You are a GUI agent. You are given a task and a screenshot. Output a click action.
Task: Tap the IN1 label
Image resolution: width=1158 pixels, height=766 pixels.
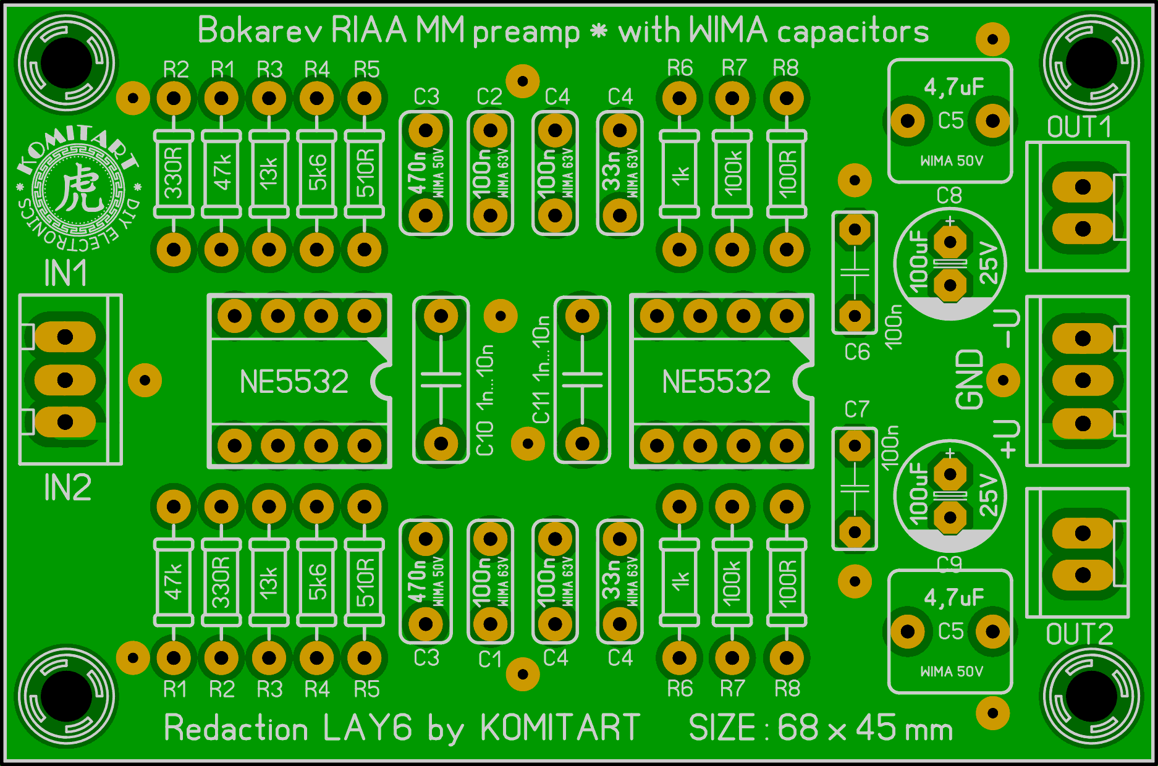click(x=66, y=273)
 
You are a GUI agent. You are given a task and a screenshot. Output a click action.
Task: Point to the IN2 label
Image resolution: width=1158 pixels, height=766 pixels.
click(x=67, y=488)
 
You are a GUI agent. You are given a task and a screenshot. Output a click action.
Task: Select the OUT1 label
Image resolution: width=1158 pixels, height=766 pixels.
click(x=1079, y=127)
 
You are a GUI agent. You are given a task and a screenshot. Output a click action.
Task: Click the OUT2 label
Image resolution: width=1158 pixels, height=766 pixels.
click(x=1079, y=634)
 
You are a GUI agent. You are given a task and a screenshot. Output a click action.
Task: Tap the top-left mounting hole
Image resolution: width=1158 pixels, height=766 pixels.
click(x=66, y=63)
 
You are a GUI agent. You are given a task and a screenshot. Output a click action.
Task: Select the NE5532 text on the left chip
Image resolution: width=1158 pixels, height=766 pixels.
click(x=294, y=381)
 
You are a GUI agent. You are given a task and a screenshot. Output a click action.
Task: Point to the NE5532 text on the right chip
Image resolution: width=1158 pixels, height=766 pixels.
click(x=716, y=381)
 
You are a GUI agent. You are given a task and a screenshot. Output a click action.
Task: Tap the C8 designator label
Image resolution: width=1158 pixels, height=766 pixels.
click(x=949, y=196)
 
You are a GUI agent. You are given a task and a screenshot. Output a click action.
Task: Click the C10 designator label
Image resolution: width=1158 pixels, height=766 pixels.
click(x=485, y=438)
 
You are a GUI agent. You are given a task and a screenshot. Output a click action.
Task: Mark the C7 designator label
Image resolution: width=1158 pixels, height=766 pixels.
click(x=856, y=409)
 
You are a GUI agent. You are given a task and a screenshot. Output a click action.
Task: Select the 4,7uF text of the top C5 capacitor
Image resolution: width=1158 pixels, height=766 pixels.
click(x=953, y=87)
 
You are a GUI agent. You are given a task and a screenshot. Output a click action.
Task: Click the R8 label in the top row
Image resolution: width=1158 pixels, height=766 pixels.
click(x=786, y=68)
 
